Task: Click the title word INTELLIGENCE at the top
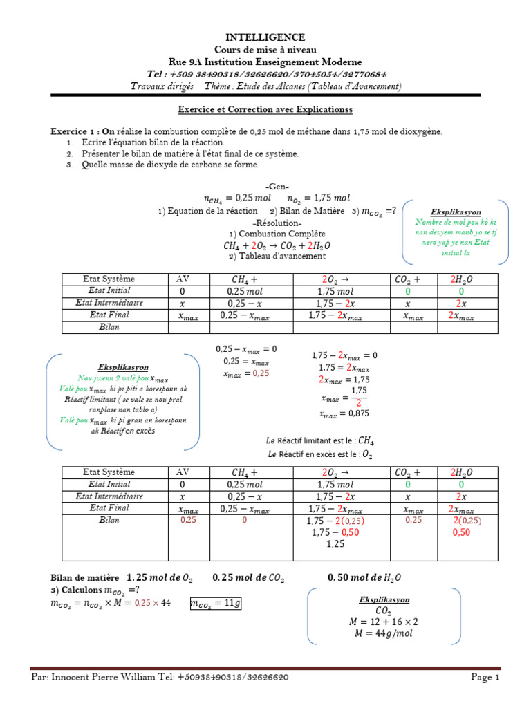[x=265, y=37]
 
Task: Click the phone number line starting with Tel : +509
[x=265, y=74]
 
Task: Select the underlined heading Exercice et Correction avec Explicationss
[x=265, y=109]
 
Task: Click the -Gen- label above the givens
[x=277, y=187]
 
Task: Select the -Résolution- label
[x=277, y=223]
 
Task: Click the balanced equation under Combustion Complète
[x=277, y=245]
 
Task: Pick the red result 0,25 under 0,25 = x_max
[x=259, y=373]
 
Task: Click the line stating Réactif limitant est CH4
[x=320, y=440]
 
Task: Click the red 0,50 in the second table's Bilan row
[x=461, y=533]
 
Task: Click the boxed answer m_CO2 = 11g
[x=216, y=604]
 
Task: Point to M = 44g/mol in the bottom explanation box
[x=384, y=633]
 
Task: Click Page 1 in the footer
[x=485, y=678]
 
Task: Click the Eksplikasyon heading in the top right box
[x=455, y=211]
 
